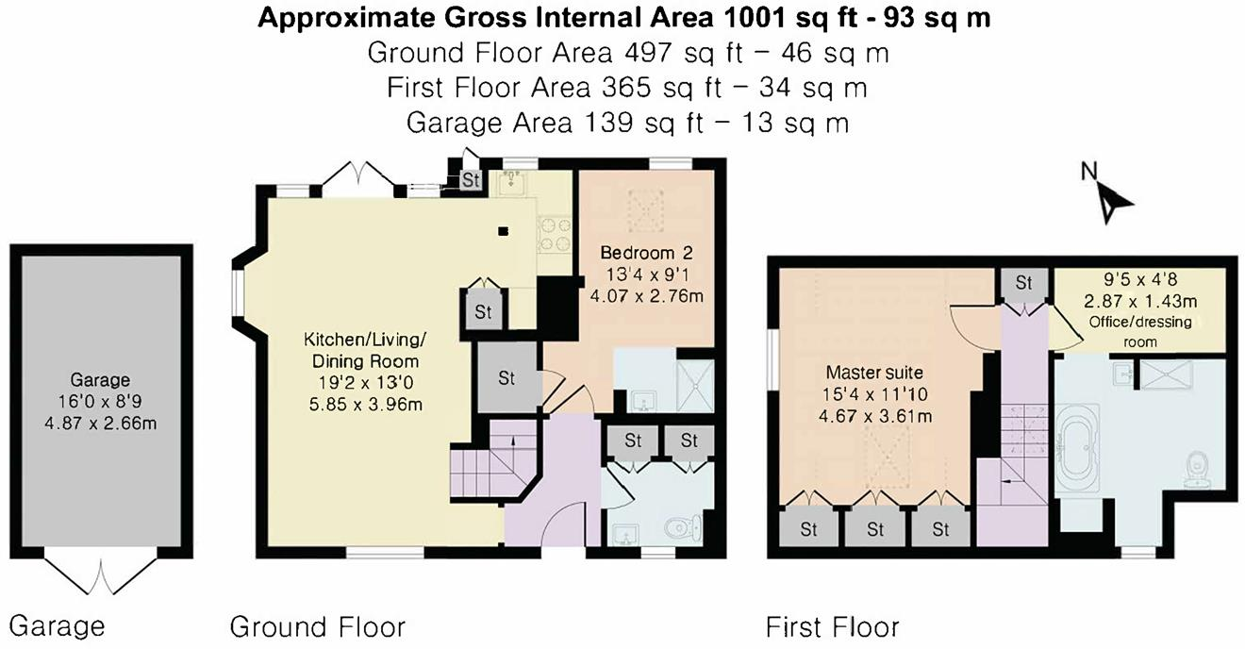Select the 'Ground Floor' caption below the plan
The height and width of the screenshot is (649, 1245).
click(x=318, y=626)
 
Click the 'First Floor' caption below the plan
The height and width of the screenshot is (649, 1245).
click(x=832, y=626)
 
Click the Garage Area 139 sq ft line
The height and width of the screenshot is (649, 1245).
click(x=627, y=123)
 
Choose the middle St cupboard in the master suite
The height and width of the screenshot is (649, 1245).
click(x=874, y=528)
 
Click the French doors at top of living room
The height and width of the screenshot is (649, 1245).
click(x=354, y=179)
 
